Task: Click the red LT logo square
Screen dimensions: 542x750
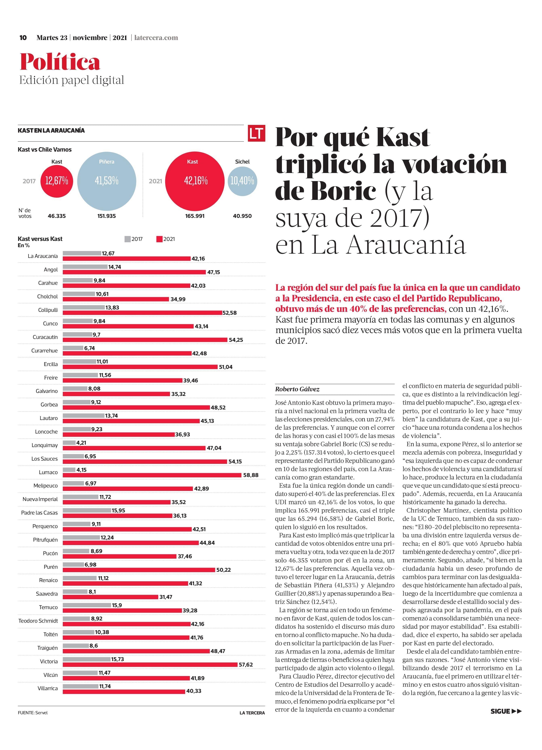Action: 256,133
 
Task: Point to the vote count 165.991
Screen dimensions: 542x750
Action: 195,216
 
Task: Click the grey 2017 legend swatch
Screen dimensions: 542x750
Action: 128,239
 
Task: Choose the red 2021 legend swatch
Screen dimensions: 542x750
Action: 160,239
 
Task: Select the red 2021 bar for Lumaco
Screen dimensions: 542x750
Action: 152,475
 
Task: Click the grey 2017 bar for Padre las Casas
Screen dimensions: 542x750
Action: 87,510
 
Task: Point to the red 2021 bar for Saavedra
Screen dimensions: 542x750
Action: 110,597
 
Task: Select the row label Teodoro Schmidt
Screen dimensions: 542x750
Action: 38,621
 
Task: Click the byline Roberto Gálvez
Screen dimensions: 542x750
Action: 297,389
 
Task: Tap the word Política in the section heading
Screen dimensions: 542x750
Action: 60,62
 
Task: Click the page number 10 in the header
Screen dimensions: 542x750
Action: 23,37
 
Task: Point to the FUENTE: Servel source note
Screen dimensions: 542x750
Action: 33,713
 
